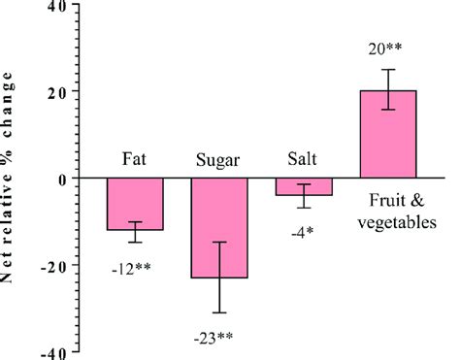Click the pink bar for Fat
135,204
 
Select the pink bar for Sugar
219,228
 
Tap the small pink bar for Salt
304,187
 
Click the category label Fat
135,159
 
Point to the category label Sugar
219,159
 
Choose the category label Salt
303,158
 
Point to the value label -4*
303,230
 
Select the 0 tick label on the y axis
61,179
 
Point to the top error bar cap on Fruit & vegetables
388,70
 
